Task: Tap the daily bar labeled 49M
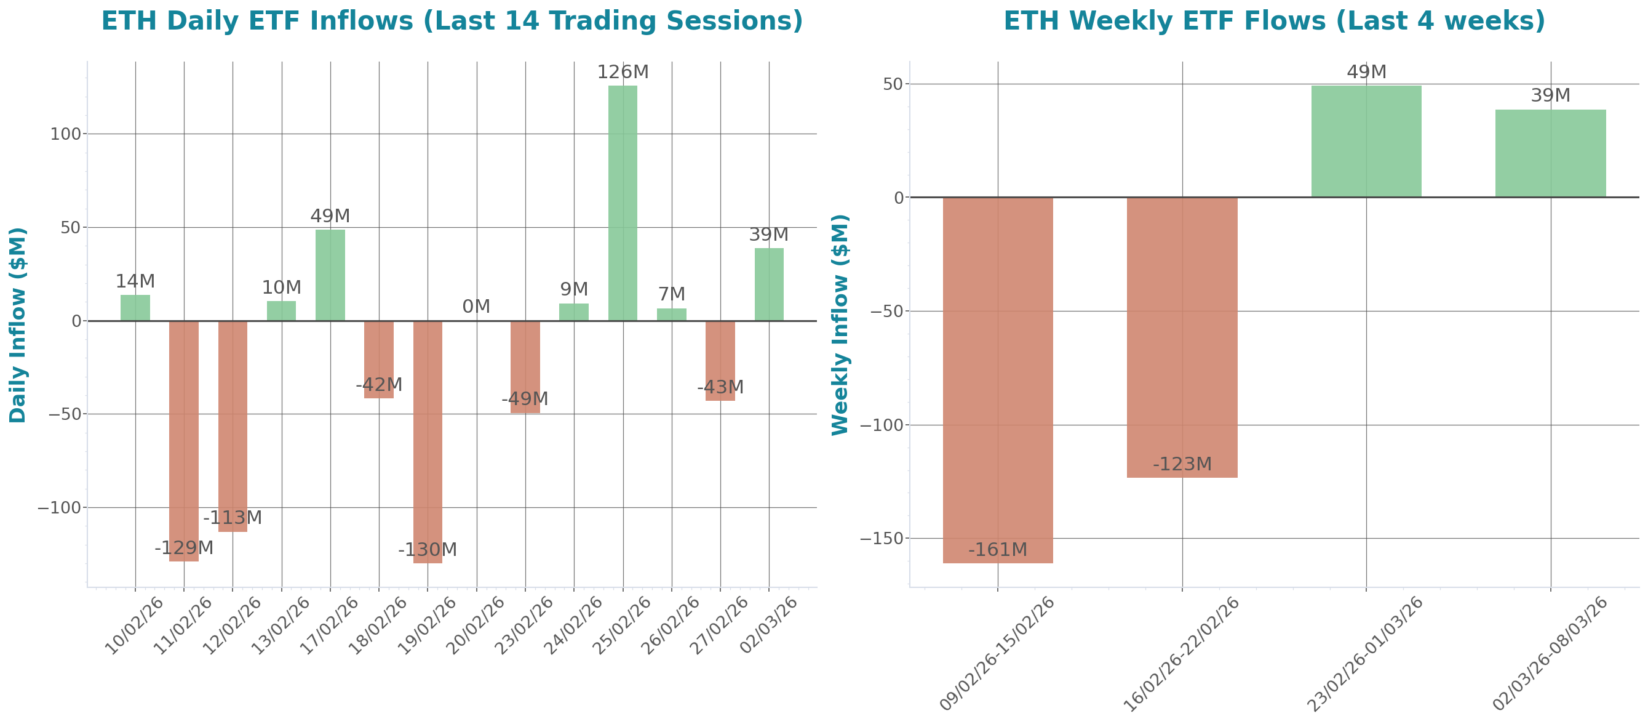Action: (330, 275)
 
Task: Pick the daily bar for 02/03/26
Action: (769, 284)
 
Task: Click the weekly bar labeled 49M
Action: (1366, 141)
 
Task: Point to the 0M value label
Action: (476, 307)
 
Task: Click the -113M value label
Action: (233, 517)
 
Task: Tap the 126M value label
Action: (623, 72)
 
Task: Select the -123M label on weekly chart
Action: (1182, 464)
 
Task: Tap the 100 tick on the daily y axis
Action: (66, 134)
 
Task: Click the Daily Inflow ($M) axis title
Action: (18, 324)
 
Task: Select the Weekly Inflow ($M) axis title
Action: (839, 324)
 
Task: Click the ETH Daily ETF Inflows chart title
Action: (452, 20)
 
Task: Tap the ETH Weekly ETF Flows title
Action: (1274, 20)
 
